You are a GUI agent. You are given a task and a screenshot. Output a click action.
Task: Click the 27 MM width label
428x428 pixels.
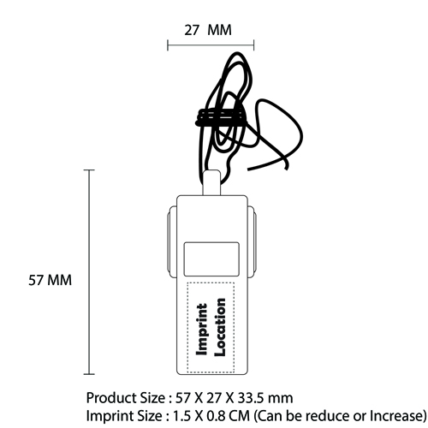208,30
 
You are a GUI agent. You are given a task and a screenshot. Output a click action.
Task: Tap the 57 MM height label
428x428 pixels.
50,280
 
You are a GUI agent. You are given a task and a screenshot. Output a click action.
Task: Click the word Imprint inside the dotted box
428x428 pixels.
202,330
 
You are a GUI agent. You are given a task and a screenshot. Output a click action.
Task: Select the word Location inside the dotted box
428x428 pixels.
220,327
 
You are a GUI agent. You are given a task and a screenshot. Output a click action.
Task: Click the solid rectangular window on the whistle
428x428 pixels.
211,259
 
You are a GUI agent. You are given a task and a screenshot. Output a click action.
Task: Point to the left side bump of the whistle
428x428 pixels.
172,242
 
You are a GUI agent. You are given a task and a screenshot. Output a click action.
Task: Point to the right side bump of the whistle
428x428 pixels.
252,242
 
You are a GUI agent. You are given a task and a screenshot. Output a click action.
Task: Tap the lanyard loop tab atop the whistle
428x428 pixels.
211,182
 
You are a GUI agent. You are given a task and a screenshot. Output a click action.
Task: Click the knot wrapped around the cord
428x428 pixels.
220,117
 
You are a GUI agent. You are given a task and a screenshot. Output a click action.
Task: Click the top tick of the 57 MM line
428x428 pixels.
89,170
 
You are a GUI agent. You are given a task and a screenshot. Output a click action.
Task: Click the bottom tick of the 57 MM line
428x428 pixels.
89,374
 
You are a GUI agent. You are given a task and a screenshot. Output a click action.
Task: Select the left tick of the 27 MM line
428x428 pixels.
168,45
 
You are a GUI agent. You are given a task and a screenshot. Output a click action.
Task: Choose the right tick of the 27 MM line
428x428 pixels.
253,45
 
